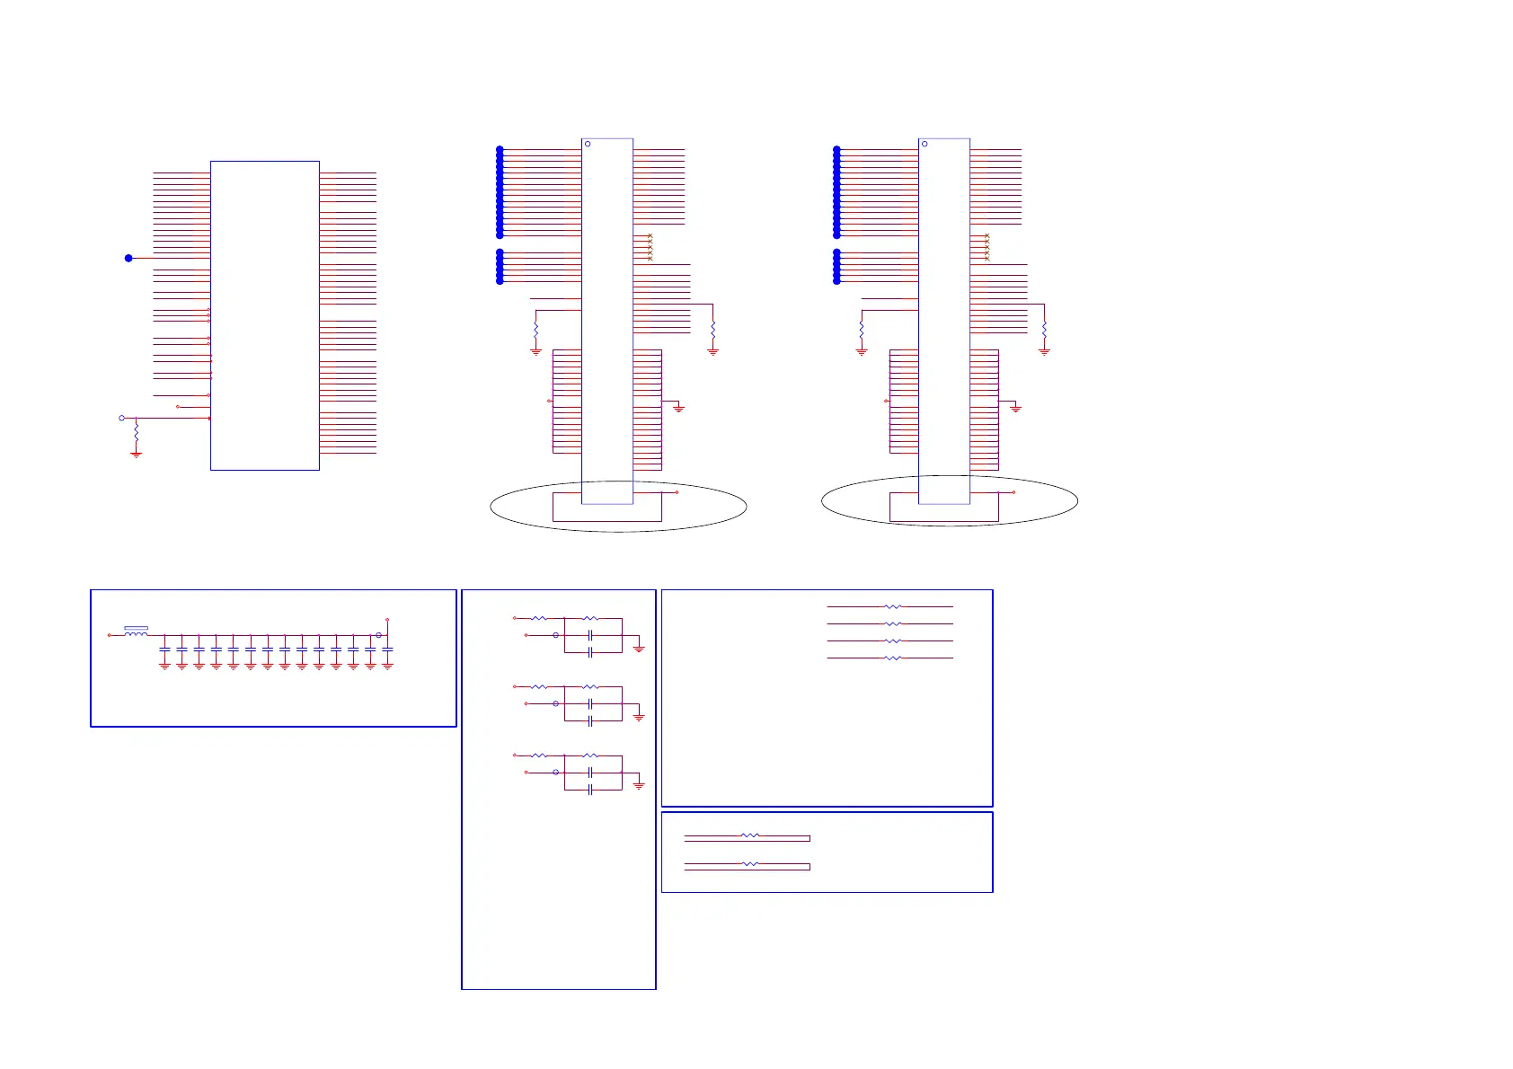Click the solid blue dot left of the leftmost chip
[x=128, y=258]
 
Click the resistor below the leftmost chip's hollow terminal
[x=136, y=434]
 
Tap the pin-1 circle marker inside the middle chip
[x=588, y=144]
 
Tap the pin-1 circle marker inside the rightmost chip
[x=925, y=144]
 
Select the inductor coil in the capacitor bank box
[x=136, y=634]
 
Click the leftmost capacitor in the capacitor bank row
[x=164, y=649]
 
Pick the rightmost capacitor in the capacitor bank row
[x=387, y=649]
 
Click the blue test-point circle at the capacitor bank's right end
[x=378, y=635]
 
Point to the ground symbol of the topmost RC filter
[x=639, y=649]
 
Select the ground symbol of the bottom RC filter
[x=639, y=786]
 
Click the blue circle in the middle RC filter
[x=555, y=703]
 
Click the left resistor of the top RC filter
[x=538, y=618]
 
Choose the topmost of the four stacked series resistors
[x=892, y=606]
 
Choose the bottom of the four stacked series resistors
[x=892, y=658]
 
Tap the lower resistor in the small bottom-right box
[x=749, y=864]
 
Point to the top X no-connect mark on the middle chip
[x=650, y=236]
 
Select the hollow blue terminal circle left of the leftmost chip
[x=122, y=418]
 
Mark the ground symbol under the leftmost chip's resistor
[x=136, y=455]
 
